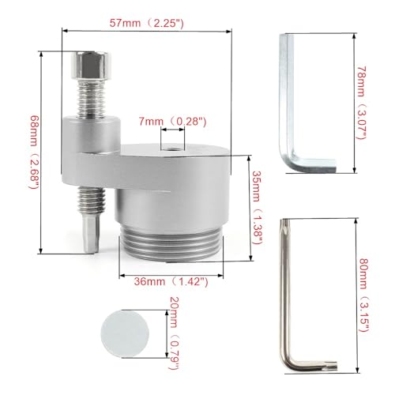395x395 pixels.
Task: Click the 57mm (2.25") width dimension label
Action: coord(147,23)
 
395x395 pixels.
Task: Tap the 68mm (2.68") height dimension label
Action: coord(35,152)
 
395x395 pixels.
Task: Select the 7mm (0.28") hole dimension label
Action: coord(172,122)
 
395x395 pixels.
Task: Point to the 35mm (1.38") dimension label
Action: coord(258,208)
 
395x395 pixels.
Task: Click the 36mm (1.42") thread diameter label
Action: coord(171,281)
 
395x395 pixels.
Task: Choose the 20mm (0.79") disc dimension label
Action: coord(175,333)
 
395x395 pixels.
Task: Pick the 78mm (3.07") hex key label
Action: coord(361,103)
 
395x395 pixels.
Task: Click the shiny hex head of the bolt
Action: coord(91,66)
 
